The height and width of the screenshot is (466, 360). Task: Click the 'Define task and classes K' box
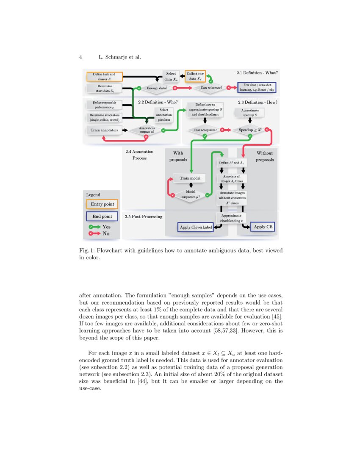coord(104,77)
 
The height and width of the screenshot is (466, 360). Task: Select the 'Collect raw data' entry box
coord(195,76)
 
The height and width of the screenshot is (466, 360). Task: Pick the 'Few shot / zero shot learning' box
coord(257,88)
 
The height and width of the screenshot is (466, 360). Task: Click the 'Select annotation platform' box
coord(164,114)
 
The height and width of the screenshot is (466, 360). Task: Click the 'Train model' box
coord(190,178)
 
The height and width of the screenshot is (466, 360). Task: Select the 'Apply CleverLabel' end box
coord(196,227)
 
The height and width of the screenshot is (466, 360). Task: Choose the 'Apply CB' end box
coord(263,227)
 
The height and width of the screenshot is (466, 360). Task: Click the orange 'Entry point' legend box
coord(102,204)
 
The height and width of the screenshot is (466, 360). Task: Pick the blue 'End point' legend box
coord(102,216)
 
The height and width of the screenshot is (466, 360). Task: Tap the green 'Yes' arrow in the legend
coord(94,227)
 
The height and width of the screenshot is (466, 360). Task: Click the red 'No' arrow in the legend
coord(94,233)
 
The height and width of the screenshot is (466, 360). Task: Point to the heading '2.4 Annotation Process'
coord(139,155)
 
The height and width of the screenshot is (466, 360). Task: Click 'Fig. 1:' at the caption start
coord(88,250)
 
